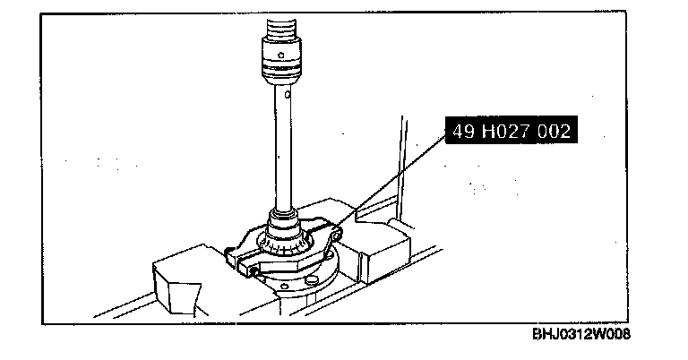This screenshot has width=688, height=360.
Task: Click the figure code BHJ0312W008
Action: [581, 334]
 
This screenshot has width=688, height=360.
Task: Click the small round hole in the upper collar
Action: [281, 56]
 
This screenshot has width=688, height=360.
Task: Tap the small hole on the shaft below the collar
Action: [288, 94]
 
